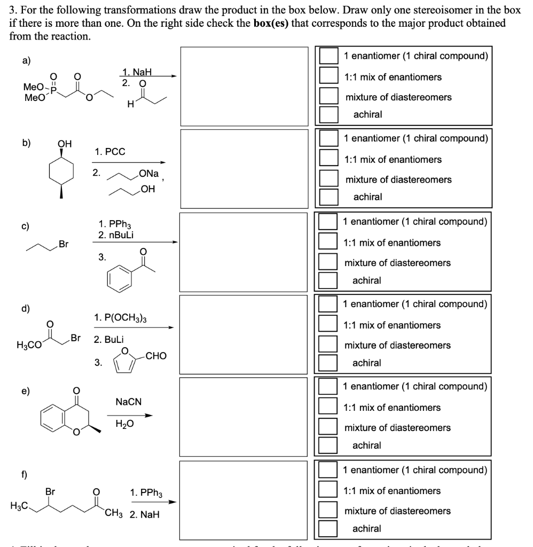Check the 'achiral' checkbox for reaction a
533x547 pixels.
click(328, 114)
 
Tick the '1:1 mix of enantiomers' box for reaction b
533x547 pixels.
click(328, 159)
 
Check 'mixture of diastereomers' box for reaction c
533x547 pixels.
click(328, 262)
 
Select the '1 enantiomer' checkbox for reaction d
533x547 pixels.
click(328, 304)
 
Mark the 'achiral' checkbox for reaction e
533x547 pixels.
click(328, 445)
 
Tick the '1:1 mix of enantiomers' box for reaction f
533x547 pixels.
click(328, 490)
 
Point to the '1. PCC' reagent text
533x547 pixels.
click(110, 152)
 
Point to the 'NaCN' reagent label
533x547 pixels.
click(128, 401)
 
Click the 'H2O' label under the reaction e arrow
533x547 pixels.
click(125, 424)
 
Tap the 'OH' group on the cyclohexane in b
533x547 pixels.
click(64, 144)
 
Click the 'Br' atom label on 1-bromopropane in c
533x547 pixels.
click(64, 244)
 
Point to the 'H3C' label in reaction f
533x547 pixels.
click(19, 505)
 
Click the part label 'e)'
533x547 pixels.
click(26, 390)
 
